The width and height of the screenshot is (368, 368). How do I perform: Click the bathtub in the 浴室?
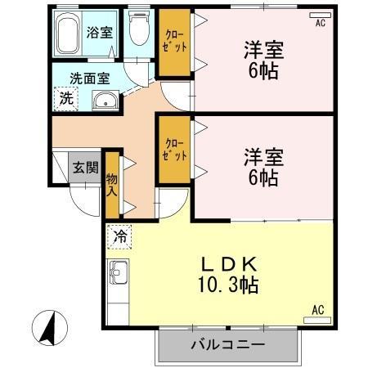(67, 37)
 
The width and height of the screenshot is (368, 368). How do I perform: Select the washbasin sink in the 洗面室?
(105, 101)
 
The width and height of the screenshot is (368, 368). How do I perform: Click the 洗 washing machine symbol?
(65, 100)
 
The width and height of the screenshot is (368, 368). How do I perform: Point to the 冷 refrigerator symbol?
(119, 237)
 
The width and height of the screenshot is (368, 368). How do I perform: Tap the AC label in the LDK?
(318, 310)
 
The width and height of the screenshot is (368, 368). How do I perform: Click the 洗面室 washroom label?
(89, 79)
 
